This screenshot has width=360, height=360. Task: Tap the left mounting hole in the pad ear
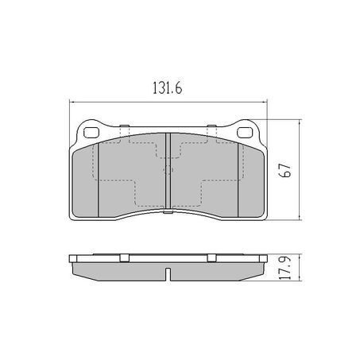[x=90, y=132]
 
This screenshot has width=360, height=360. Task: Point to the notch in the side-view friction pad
[x=168, y=276]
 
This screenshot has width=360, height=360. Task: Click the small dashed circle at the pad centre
[x=168, y=168]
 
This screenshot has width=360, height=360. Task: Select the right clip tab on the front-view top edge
[x=211, y=128]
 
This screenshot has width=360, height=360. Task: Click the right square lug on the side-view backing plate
[x=211, y=257]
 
